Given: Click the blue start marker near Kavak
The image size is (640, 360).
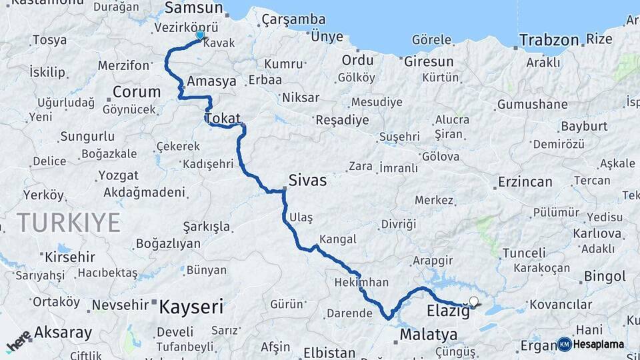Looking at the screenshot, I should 199,35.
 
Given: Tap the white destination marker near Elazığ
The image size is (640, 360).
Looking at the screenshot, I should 474,301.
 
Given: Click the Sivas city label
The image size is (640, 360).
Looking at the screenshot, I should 307,180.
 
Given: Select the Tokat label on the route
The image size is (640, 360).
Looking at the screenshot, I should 223,119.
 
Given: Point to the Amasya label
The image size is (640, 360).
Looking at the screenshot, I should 212,81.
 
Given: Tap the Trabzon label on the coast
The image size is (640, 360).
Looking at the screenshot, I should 549,40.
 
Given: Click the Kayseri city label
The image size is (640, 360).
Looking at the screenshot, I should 191,307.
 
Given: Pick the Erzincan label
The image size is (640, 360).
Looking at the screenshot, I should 525,181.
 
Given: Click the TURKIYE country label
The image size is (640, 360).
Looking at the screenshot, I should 69,221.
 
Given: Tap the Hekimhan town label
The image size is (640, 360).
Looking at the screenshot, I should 361,282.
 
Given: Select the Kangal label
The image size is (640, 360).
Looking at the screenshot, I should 338,239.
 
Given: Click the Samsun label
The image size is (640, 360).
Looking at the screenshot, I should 193,8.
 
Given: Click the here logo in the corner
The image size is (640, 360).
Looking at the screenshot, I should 19,341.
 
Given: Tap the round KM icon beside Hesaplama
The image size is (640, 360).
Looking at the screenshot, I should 565,344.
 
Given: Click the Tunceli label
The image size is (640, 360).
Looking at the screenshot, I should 524,253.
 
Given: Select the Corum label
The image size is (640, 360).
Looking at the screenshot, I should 137,92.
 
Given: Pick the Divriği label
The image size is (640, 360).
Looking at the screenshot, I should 398,223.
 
